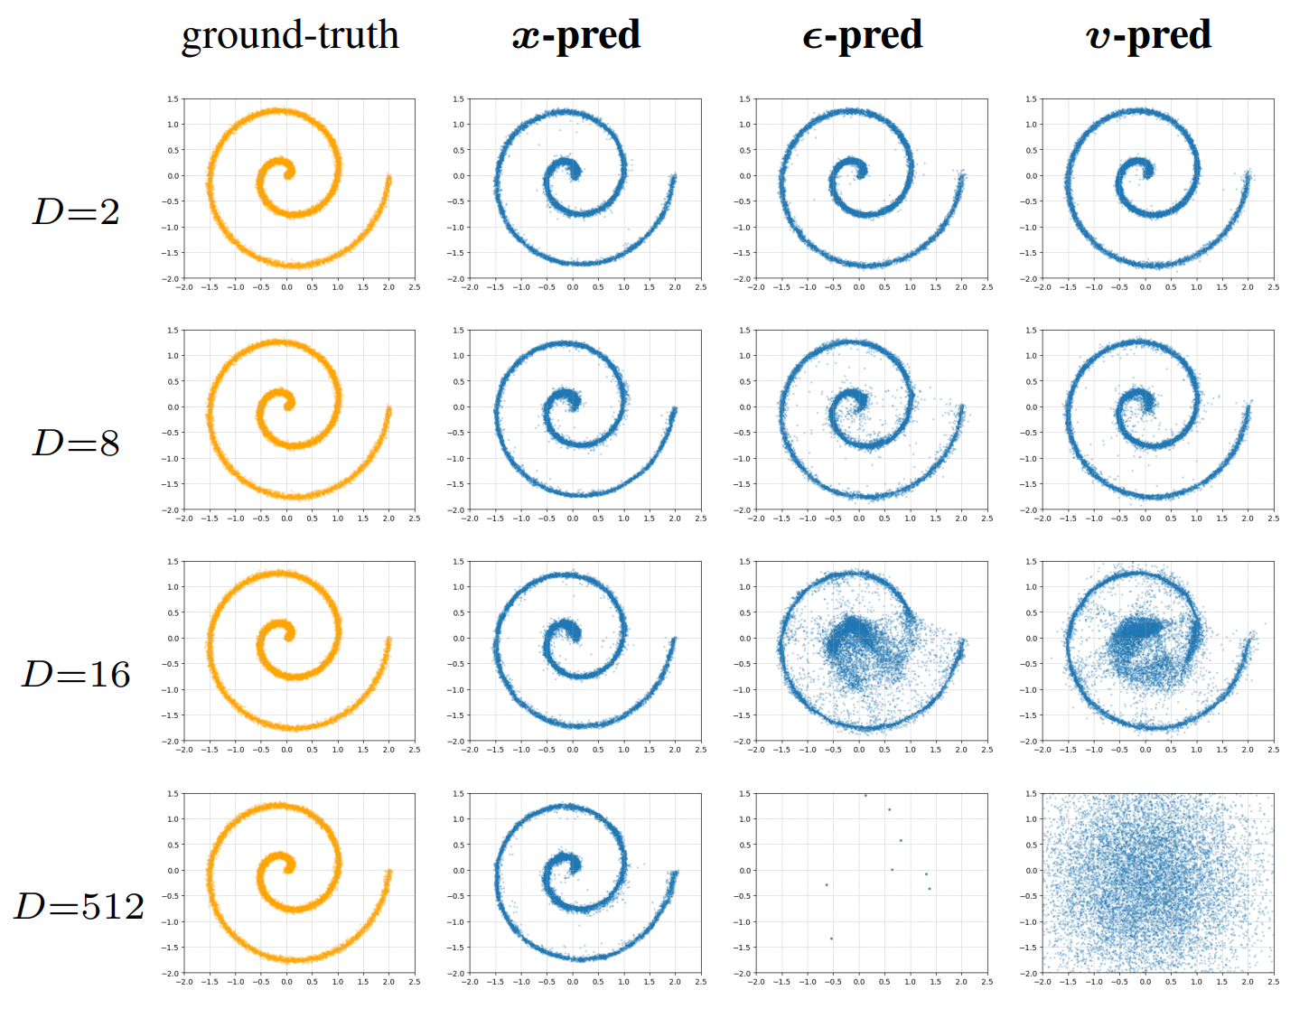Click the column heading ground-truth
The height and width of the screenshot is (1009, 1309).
[x=290, y=36]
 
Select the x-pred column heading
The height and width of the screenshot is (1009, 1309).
[x=575, y=36]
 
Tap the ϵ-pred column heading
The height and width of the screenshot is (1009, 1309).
[x=862, y=36]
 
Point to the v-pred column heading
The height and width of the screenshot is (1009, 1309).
[x=1148, y=36]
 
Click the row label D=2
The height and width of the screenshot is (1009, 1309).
[x=76, y=212]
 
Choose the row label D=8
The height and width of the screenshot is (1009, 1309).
[x=76, y=444]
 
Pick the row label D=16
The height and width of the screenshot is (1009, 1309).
[x=76, y=675]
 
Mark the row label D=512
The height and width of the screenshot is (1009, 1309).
[x=79, y=906]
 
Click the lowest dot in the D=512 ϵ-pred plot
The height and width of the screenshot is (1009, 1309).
[x=831, y=939]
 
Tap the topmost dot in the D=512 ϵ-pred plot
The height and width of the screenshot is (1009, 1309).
[x=865, y=796]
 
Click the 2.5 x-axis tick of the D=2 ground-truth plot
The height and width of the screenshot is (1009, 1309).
[x=415, y=287]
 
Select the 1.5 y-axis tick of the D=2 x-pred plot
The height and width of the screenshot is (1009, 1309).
[x=459, y=99]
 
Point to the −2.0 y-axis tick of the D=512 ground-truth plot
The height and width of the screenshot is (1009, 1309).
[x=172, y=974]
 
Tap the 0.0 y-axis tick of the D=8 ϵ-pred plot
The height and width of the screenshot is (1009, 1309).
[x=745, y=407]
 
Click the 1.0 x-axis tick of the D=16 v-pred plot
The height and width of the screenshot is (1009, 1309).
[x=1196, y=750]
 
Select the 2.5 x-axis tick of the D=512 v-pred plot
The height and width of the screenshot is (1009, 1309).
[x=1273, y=982]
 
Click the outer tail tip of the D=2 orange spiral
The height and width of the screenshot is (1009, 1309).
[x=389, y=178]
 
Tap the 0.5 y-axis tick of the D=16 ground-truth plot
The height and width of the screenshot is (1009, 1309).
[x=173, y=612]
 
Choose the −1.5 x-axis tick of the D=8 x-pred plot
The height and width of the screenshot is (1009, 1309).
[x=495, y=519]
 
